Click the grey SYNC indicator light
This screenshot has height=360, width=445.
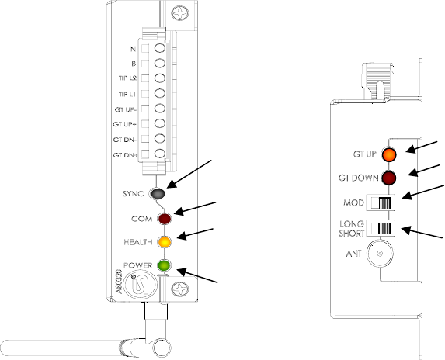158,193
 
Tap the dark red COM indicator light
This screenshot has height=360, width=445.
165,219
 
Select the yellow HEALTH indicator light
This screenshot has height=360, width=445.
165,242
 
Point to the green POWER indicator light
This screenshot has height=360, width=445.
165,265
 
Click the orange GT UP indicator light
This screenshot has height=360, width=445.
389,154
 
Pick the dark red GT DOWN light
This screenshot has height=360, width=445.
388,178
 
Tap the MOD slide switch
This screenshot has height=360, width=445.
381,202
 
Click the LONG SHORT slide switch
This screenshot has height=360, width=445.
381,228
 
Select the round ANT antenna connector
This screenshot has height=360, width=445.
380,254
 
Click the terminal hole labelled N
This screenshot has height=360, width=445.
160,47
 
